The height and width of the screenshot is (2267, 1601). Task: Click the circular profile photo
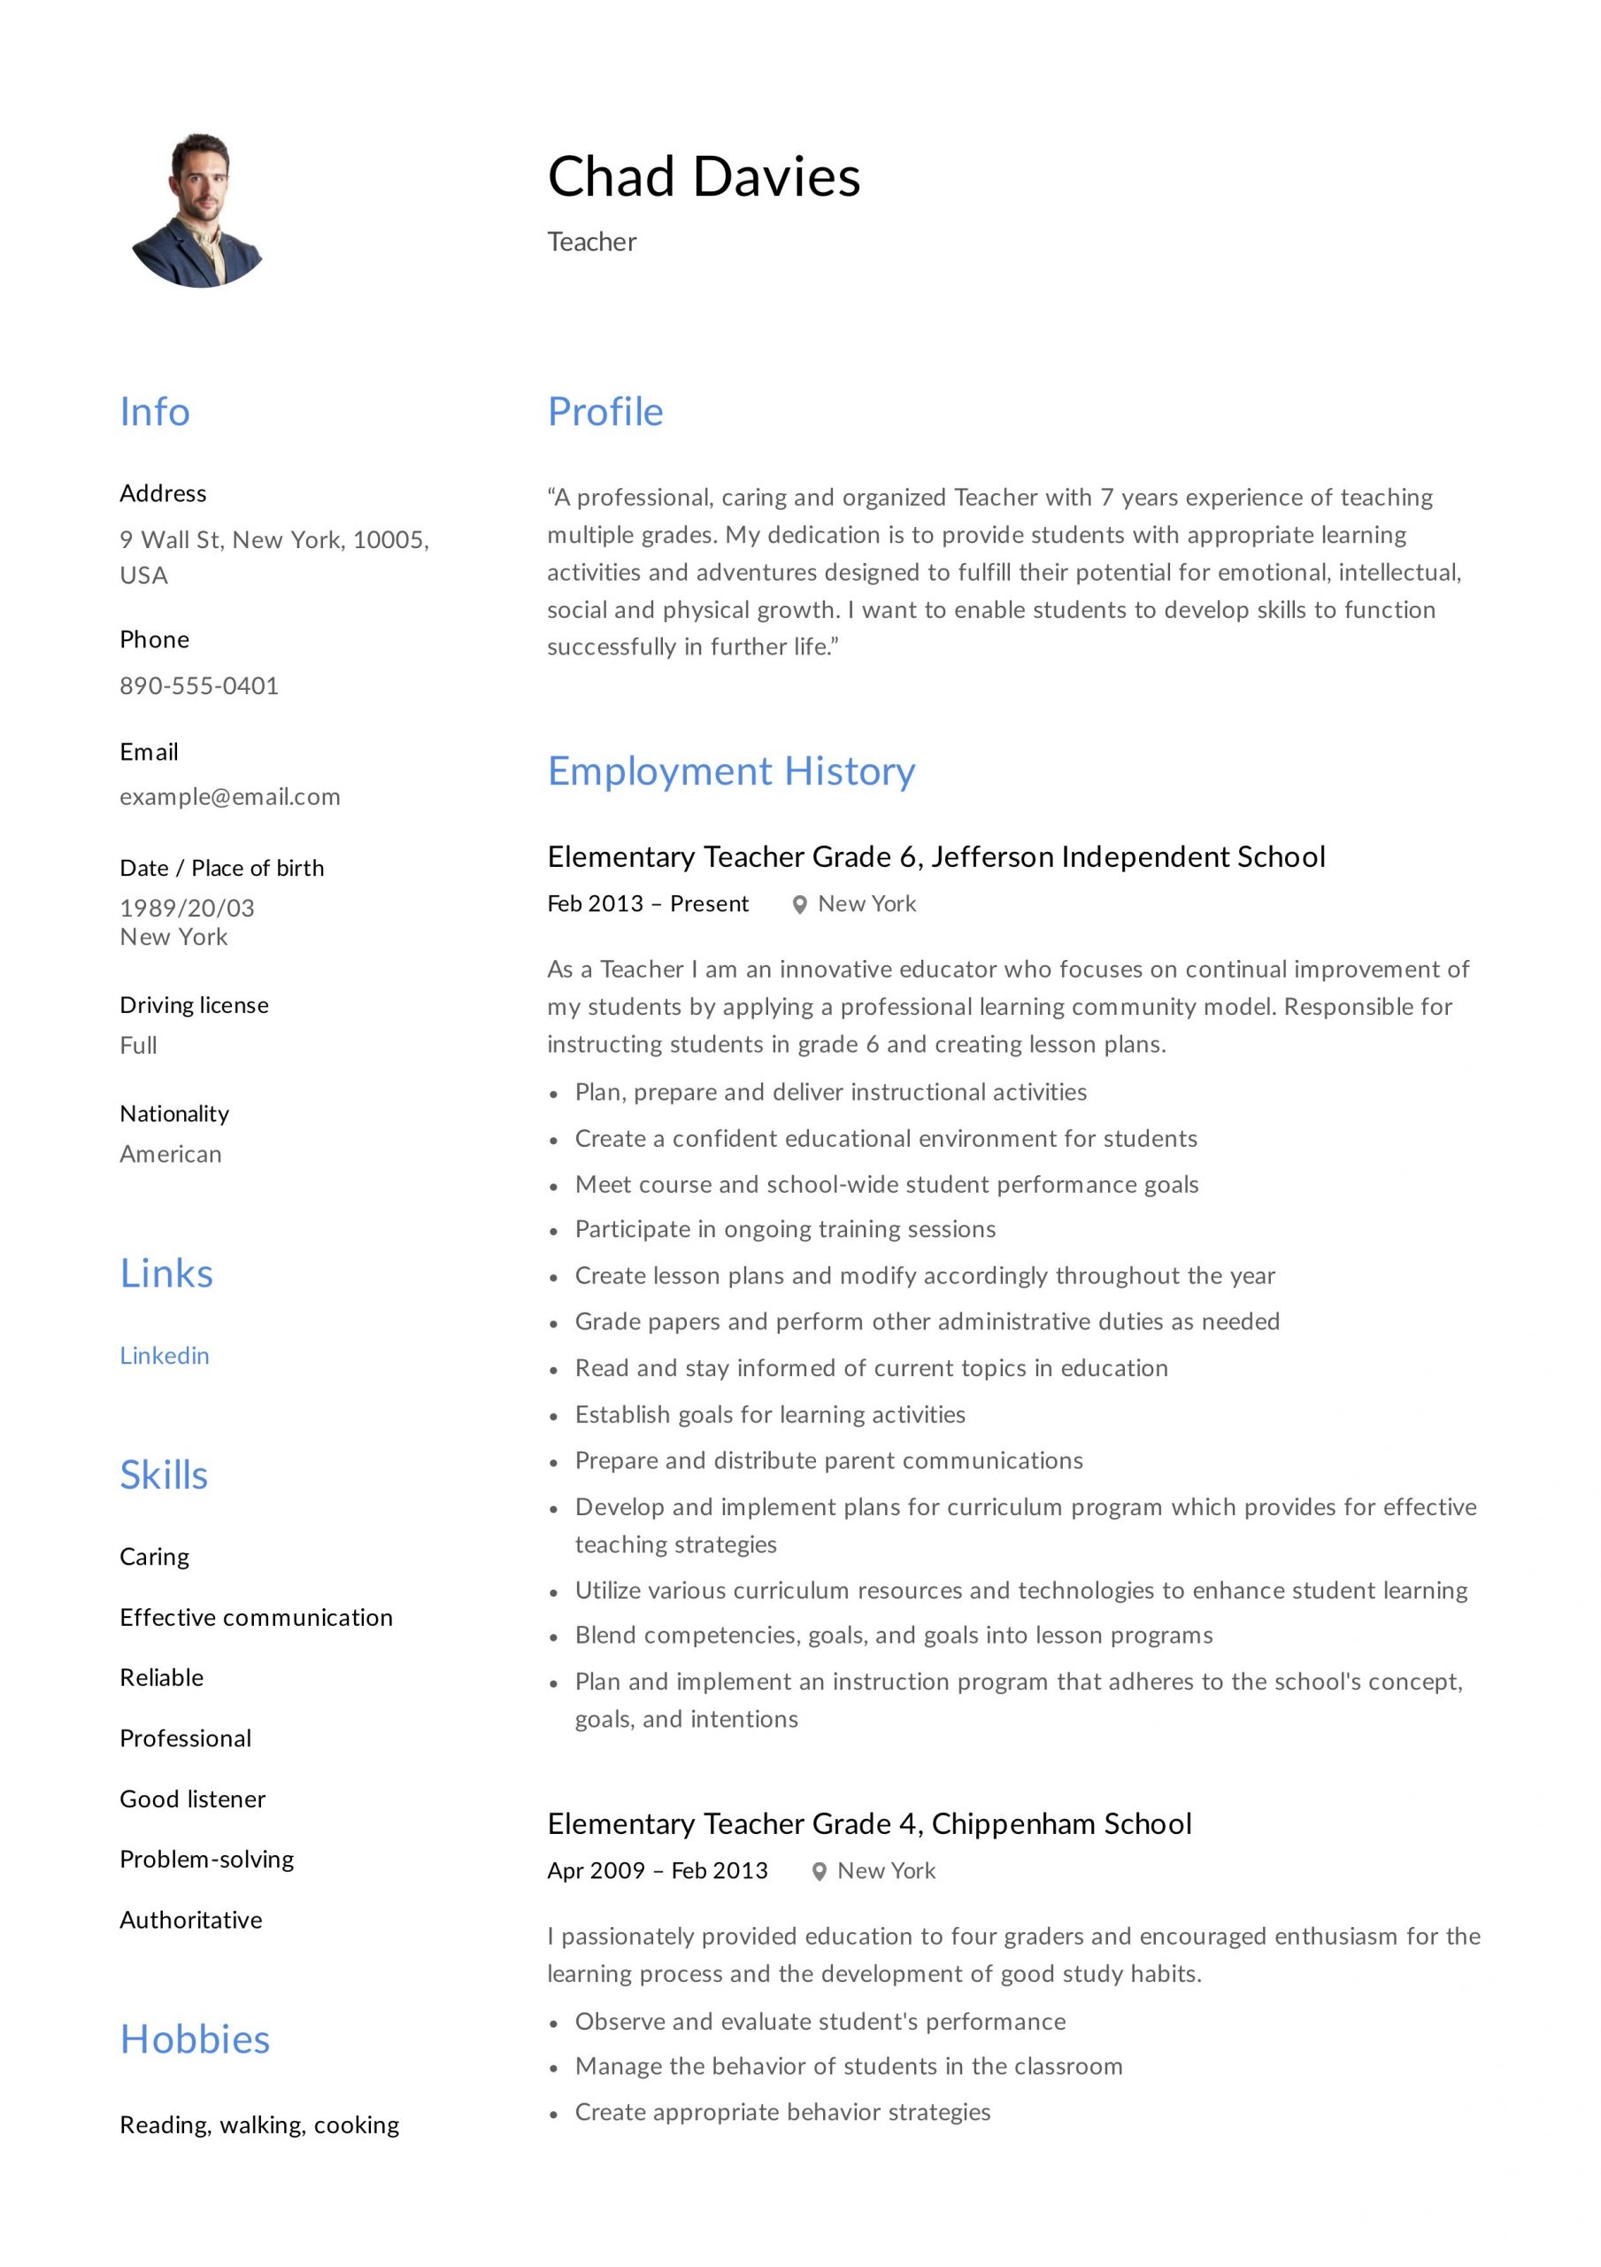click(x=199, y=210)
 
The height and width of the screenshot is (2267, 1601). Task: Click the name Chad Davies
click(x=704, y=178)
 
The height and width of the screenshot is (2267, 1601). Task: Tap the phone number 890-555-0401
click(x=199, y=685)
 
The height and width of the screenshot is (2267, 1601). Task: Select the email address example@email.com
click(x=230, y=796)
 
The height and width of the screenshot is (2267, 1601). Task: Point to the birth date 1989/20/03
click(x=188, y=908)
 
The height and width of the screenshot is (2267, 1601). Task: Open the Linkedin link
click(x=165, y=1355)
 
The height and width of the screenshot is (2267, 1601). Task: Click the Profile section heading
click(x=605, y=412)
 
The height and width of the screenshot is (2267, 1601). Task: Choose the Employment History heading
click(x=731, y=771)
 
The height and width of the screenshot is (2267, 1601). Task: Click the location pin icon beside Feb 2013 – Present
click(x=799, y=904)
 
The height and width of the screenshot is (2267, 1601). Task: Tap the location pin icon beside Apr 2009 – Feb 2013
click(x=819, y=1871)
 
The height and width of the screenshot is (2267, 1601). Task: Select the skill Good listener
click(x=192, y=1798)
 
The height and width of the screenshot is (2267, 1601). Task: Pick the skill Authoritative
click(x=191, y=1920)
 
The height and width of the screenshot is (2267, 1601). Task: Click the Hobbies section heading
click(x=195, y=2039)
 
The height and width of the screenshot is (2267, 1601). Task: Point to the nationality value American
click(x=171, y=1153)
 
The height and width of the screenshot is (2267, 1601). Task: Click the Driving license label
click(x=195, y=1004)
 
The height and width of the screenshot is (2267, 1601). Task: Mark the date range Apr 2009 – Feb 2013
click(x=658, y=1870)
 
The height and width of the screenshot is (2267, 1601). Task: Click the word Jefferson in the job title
click(x=992, y=856)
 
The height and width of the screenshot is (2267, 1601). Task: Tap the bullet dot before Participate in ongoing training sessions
click(x=554, y=1231)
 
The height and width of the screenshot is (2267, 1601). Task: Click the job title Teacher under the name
click(x=592, y=242)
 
